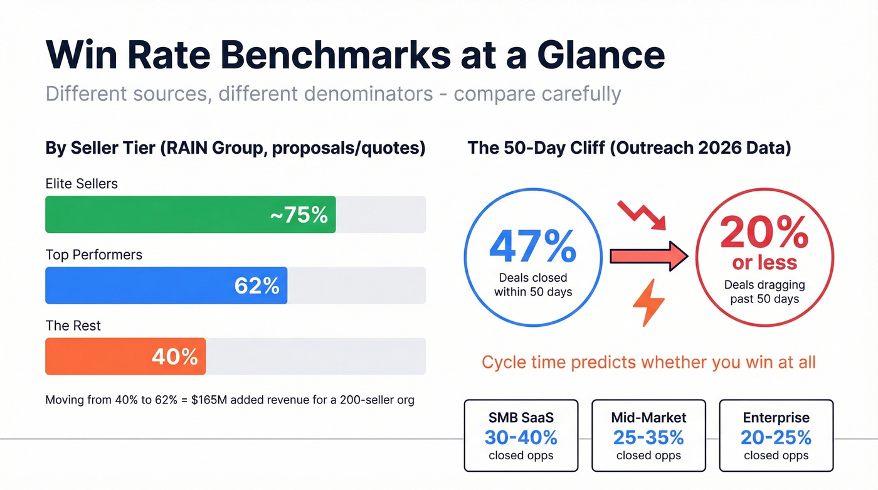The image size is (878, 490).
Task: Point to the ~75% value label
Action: click(x=299, y=215)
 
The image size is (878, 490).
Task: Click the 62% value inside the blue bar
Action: click(x=257, y=285)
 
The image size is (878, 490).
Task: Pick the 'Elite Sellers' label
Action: click(x=82, y=184)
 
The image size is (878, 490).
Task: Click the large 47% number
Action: click(x=532, y=247)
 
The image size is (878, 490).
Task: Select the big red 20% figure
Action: click(x=764, y=233)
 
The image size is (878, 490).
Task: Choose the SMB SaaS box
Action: click(x=521, y=435)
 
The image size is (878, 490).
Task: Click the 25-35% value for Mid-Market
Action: click(x=648, y=437)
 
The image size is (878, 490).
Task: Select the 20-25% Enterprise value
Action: click(x=776, y=437)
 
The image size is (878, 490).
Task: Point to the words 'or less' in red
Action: click(x=764, y=262)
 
